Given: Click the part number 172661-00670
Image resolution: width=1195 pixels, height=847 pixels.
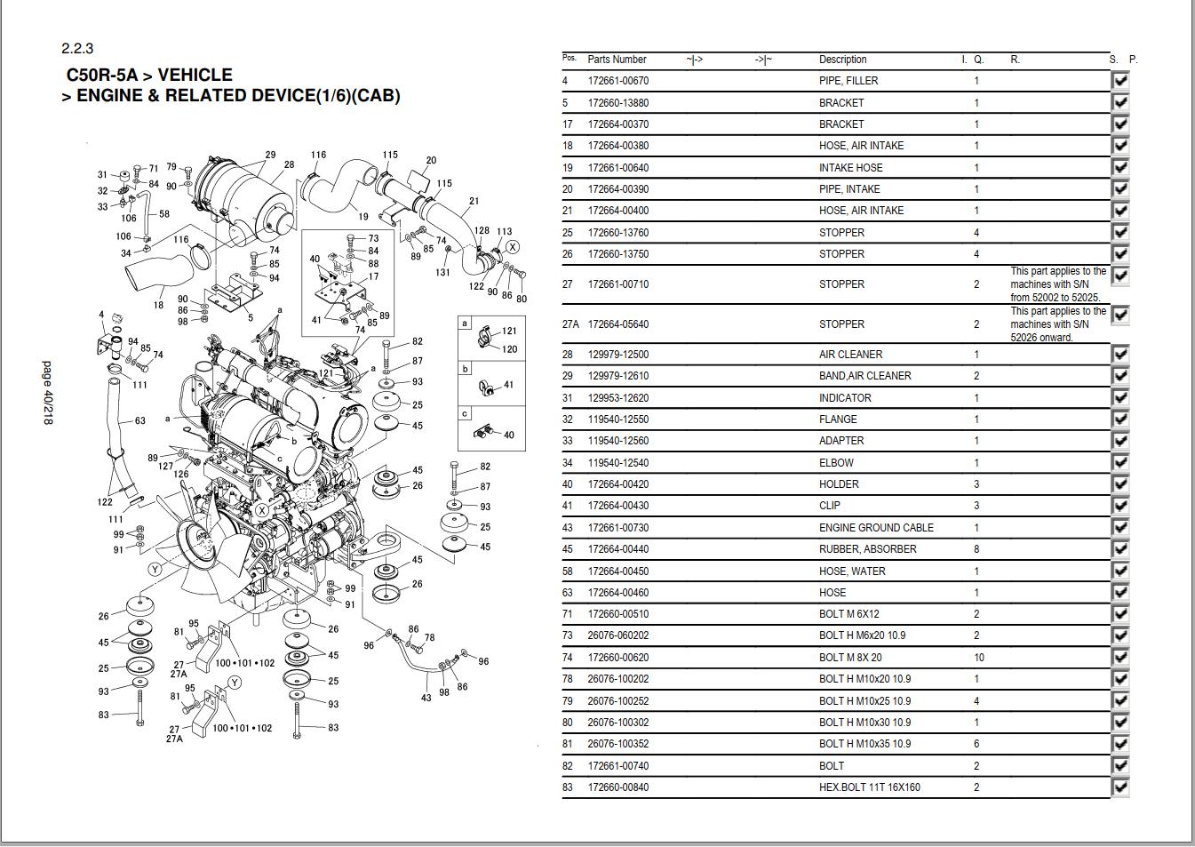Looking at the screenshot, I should pyautogui.click(x=617, y=81).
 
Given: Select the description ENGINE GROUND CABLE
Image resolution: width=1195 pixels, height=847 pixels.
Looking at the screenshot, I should pyautogui.click(x=875, y=528).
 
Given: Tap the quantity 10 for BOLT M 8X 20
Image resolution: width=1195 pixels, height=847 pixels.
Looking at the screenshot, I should pyautogui.click(x=978, y=658).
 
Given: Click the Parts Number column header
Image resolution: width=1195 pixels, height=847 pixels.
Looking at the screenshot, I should pyautogui.click(x=617, y=60).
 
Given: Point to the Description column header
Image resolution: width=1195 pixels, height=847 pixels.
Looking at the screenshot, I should pyautogui.click(x=842, y=60).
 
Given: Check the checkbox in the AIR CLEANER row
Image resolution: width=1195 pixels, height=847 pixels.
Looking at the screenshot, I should pyautogui.click(x=1120, y=354).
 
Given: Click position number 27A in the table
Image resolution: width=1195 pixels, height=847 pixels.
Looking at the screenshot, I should pyautogui.click(x=570, y=324).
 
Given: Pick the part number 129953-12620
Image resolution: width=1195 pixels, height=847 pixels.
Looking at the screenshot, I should pyautogui.click(x=617, y=398).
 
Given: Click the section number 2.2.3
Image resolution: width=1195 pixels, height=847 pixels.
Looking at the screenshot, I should pyautogui.click(x=77, y=48).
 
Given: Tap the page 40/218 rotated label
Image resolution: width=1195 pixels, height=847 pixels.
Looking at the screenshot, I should pyautogui.click(x=48, y=392).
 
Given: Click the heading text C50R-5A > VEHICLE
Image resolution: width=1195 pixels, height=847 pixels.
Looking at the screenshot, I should pyautogui.click(x=149, y=75).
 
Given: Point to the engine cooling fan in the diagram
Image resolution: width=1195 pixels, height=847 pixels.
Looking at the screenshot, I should pyautogui.click(x=206, y=545).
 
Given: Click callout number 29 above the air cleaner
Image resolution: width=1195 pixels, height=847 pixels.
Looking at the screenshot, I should pyautogui.click(x=270, y=155).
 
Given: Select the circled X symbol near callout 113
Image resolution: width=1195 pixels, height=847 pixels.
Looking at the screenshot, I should pyautogui.click(x=513, y=247).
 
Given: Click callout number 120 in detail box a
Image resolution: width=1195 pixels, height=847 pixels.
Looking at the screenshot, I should pyautogui.click(x=509, y=349).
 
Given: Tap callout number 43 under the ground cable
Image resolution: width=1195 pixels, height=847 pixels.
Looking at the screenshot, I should pyautogui.click(x=426, y=698).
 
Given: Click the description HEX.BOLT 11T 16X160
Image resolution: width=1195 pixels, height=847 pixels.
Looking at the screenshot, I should pyautogui.click(x=869, y=787).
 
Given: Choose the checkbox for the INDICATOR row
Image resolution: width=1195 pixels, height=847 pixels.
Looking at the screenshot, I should pyautogui.click(x=1120, y=397).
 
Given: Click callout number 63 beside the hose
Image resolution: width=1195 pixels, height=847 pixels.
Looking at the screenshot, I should pyautogui.click(x=139, y=420).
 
